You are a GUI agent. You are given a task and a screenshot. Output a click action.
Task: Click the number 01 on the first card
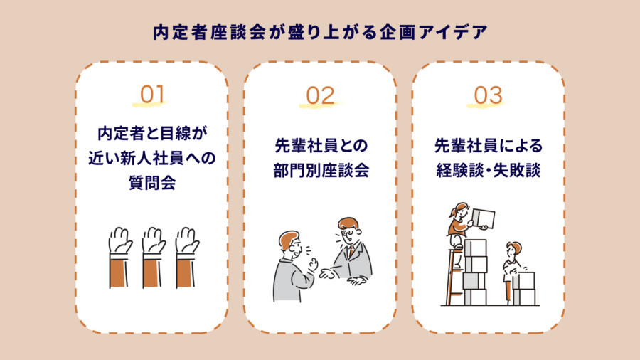click(152, 95)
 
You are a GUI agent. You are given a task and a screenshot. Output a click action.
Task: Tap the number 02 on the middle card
click(320, 95)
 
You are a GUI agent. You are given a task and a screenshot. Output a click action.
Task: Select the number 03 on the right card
click(488, 95)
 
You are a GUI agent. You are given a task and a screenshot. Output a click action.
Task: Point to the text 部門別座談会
click(320, 171)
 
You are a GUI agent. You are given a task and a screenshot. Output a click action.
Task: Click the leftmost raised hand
click(119, 241)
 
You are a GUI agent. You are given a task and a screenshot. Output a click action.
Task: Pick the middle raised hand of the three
click(153, 241)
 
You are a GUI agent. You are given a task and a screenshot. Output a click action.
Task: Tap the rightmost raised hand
click(186, 241)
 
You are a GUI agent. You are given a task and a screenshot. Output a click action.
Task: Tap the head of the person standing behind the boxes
click(513, 250)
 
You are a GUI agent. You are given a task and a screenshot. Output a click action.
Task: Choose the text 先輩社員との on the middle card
click(320, 146)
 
